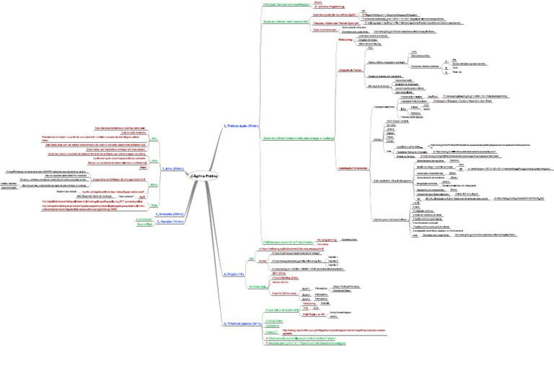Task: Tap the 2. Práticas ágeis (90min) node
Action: coord(242,126)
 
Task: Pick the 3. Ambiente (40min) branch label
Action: coord(172,214)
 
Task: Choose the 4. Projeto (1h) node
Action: coord(234,274)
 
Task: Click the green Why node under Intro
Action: coord(154,137)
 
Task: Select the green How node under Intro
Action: coord(154,160)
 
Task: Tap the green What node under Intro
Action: coord(153,186)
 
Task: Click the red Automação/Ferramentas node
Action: coord(353,167)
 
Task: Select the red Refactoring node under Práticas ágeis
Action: coord(346,40)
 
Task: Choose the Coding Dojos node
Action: coord(273,320)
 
